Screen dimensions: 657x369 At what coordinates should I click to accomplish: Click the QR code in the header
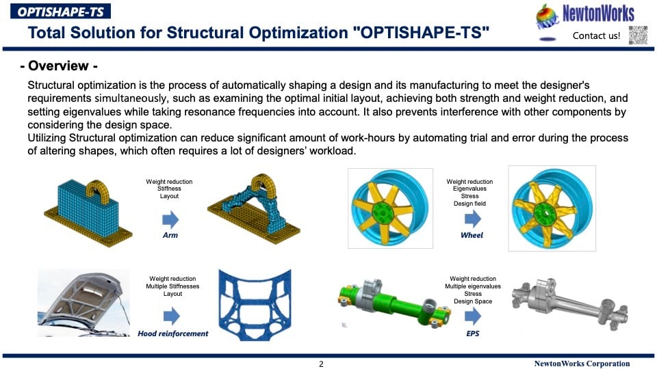[x=638, y=35]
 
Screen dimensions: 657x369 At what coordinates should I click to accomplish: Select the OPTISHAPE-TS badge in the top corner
[x=60, y=12]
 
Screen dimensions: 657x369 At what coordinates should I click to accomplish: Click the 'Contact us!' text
[x=596, y=36]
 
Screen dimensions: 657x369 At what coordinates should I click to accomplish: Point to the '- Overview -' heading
[x=59, y=66]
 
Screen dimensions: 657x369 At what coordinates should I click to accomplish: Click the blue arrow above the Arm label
[x=170, y=219]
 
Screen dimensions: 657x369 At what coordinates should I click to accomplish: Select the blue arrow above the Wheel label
[x=473, y=219]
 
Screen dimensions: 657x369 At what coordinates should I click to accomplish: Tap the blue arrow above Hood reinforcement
[x=171, y=316]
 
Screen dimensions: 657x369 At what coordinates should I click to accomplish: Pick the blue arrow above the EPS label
[x=473, y=316]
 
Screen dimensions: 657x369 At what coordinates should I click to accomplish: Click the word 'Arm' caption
[x=170, y=236]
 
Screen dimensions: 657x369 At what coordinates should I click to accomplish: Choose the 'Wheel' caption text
[x=472, y=235]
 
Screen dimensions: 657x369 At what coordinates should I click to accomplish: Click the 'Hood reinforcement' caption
[x=173, y=333]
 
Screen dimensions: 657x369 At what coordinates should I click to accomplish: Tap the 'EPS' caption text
[x=473, y=333]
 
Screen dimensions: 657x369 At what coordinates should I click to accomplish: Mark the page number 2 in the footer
[x=322, y=364]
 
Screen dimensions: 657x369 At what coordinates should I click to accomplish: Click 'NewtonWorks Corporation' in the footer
[x=582, y=364]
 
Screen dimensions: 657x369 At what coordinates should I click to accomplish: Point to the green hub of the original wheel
[x=383, y=213]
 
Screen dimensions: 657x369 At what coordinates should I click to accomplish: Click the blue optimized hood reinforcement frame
[x=255, y=304]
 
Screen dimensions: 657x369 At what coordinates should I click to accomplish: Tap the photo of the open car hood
[x=83, y=303]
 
